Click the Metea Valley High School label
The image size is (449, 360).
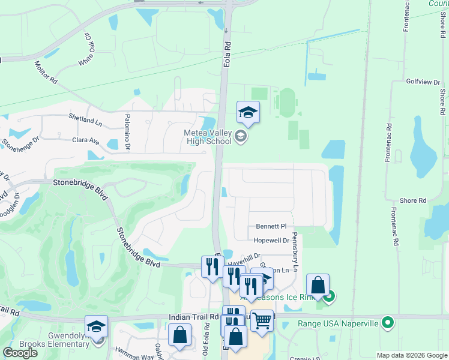click(x=208, y=137)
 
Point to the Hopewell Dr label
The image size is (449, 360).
click(x=271, y=241)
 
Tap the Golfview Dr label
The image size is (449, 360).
click(x=423, y=81)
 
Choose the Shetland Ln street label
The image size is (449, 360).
click(x=85, y=120)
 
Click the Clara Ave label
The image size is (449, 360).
click(x=85, y=140)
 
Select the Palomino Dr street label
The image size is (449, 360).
click(x=127, y=132)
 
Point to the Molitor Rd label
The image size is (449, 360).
click(x=46, y=71)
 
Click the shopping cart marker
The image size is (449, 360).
click(x=262, y=320)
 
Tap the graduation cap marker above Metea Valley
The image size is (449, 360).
click(x=248, y=111)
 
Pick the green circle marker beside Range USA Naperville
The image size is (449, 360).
click(x=388, y=323)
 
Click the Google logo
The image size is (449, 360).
click(x=20, y=353)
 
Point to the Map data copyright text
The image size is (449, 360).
click(x=412, y=355)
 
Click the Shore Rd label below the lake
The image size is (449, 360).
click(x=414, y=200)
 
